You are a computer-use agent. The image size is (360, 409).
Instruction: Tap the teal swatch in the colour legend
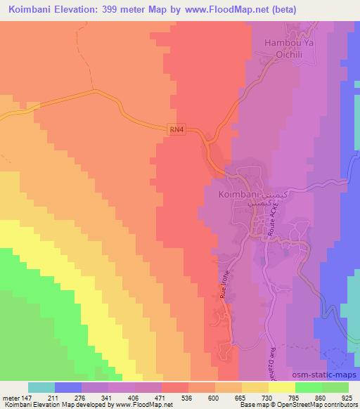pos(41,388)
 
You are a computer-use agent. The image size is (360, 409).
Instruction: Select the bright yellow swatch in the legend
pos(281,388)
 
